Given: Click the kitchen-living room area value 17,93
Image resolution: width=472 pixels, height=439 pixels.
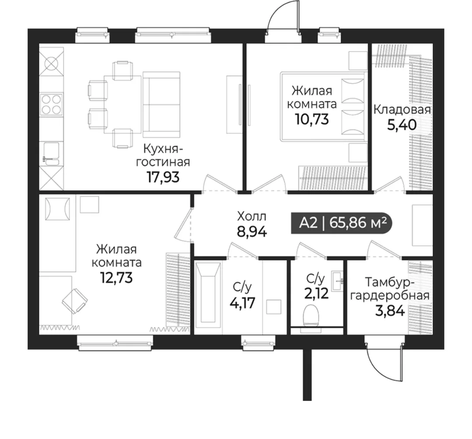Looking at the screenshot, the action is (x=163, y=177).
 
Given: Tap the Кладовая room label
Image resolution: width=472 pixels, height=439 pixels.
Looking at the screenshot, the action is (x=402, y=110).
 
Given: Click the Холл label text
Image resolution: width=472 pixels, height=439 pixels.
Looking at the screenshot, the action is (x=252, y=216).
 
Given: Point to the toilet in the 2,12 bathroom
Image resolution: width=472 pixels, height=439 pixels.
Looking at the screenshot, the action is (x=311, y=316).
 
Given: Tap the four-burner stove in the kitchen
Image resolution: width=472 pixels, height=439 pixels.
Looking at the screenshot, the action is (x=52, y=105).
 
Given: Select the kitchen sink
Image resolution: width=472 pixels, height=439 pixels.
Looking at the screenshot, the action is (x=52, y=154).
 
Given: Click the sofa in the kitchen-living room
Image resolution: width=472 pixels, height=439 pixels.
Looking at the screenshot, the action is (x=162, y=104).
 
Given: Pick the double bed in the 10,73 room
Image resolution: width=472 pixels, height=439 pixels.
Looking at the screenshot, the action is (x=323, y=106).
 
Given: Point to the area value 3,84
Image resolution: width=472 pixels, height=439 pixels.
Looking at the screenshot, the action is (x=390, y=311).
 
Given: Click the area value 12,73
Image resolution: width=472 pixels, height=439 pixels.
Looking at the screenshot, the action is (x=116, y=278).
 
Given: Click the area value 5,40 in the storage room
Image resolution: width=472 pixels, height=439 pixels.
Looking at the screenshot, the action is (x=402, y=124).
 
